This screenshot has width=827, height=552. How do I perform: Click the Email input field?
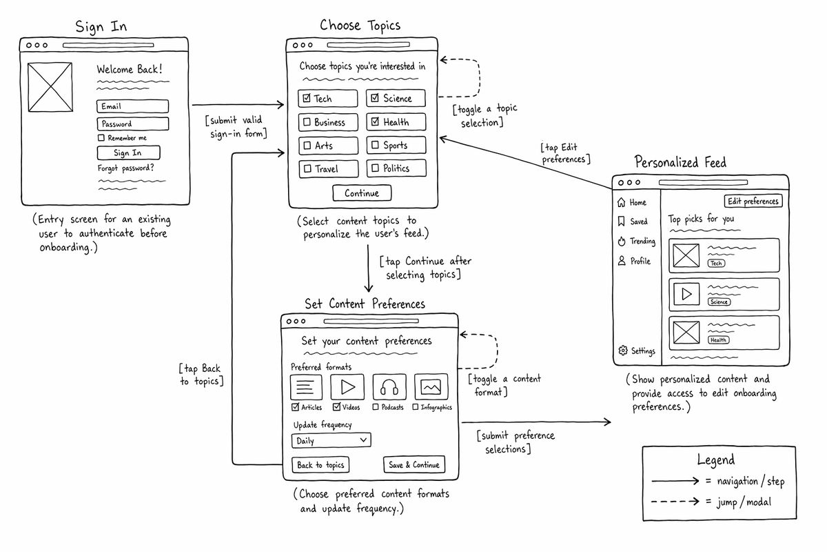(132, 106)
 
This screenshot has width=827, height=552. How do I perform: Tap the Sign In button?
(128, 152)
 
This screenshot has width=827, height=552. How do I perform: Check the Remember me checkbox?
(101, 138)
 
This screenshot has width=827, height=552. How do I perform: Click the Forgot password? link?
(126, 168)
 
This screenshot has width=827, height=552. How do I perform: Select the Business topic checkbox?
(307, 122)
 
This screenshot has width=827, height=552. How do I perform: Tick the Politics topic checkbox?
(375, 168)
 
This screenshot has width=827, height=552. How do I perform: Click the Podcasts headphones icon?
(389, 387)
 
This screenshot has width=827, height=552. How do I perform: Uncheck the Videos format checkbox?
(336, 407)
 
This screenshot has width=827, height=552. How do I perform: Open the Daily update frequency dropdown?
(331, 441)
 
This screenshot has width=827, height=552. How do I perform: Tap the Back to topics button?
(320, 465)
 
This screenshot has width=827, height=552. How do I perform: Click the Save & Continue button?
(414, 465)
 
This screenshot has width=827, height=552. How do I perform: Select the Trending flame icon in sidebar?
(622, 241)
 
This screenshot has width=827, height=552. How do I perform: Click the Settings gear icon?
(623, 350)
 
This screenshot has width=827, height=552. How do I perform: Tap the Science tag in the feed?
(719, 302)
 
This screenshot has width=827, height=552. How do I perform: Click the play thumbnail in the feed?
(686, 295)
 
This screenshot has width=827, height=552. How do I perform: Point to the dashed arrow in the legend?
(675, 502)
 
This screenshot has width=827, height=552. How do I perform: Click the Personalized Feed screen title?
(680, 162)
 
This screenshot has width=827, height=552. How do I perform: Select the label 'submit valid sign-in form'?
(236, 127)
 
